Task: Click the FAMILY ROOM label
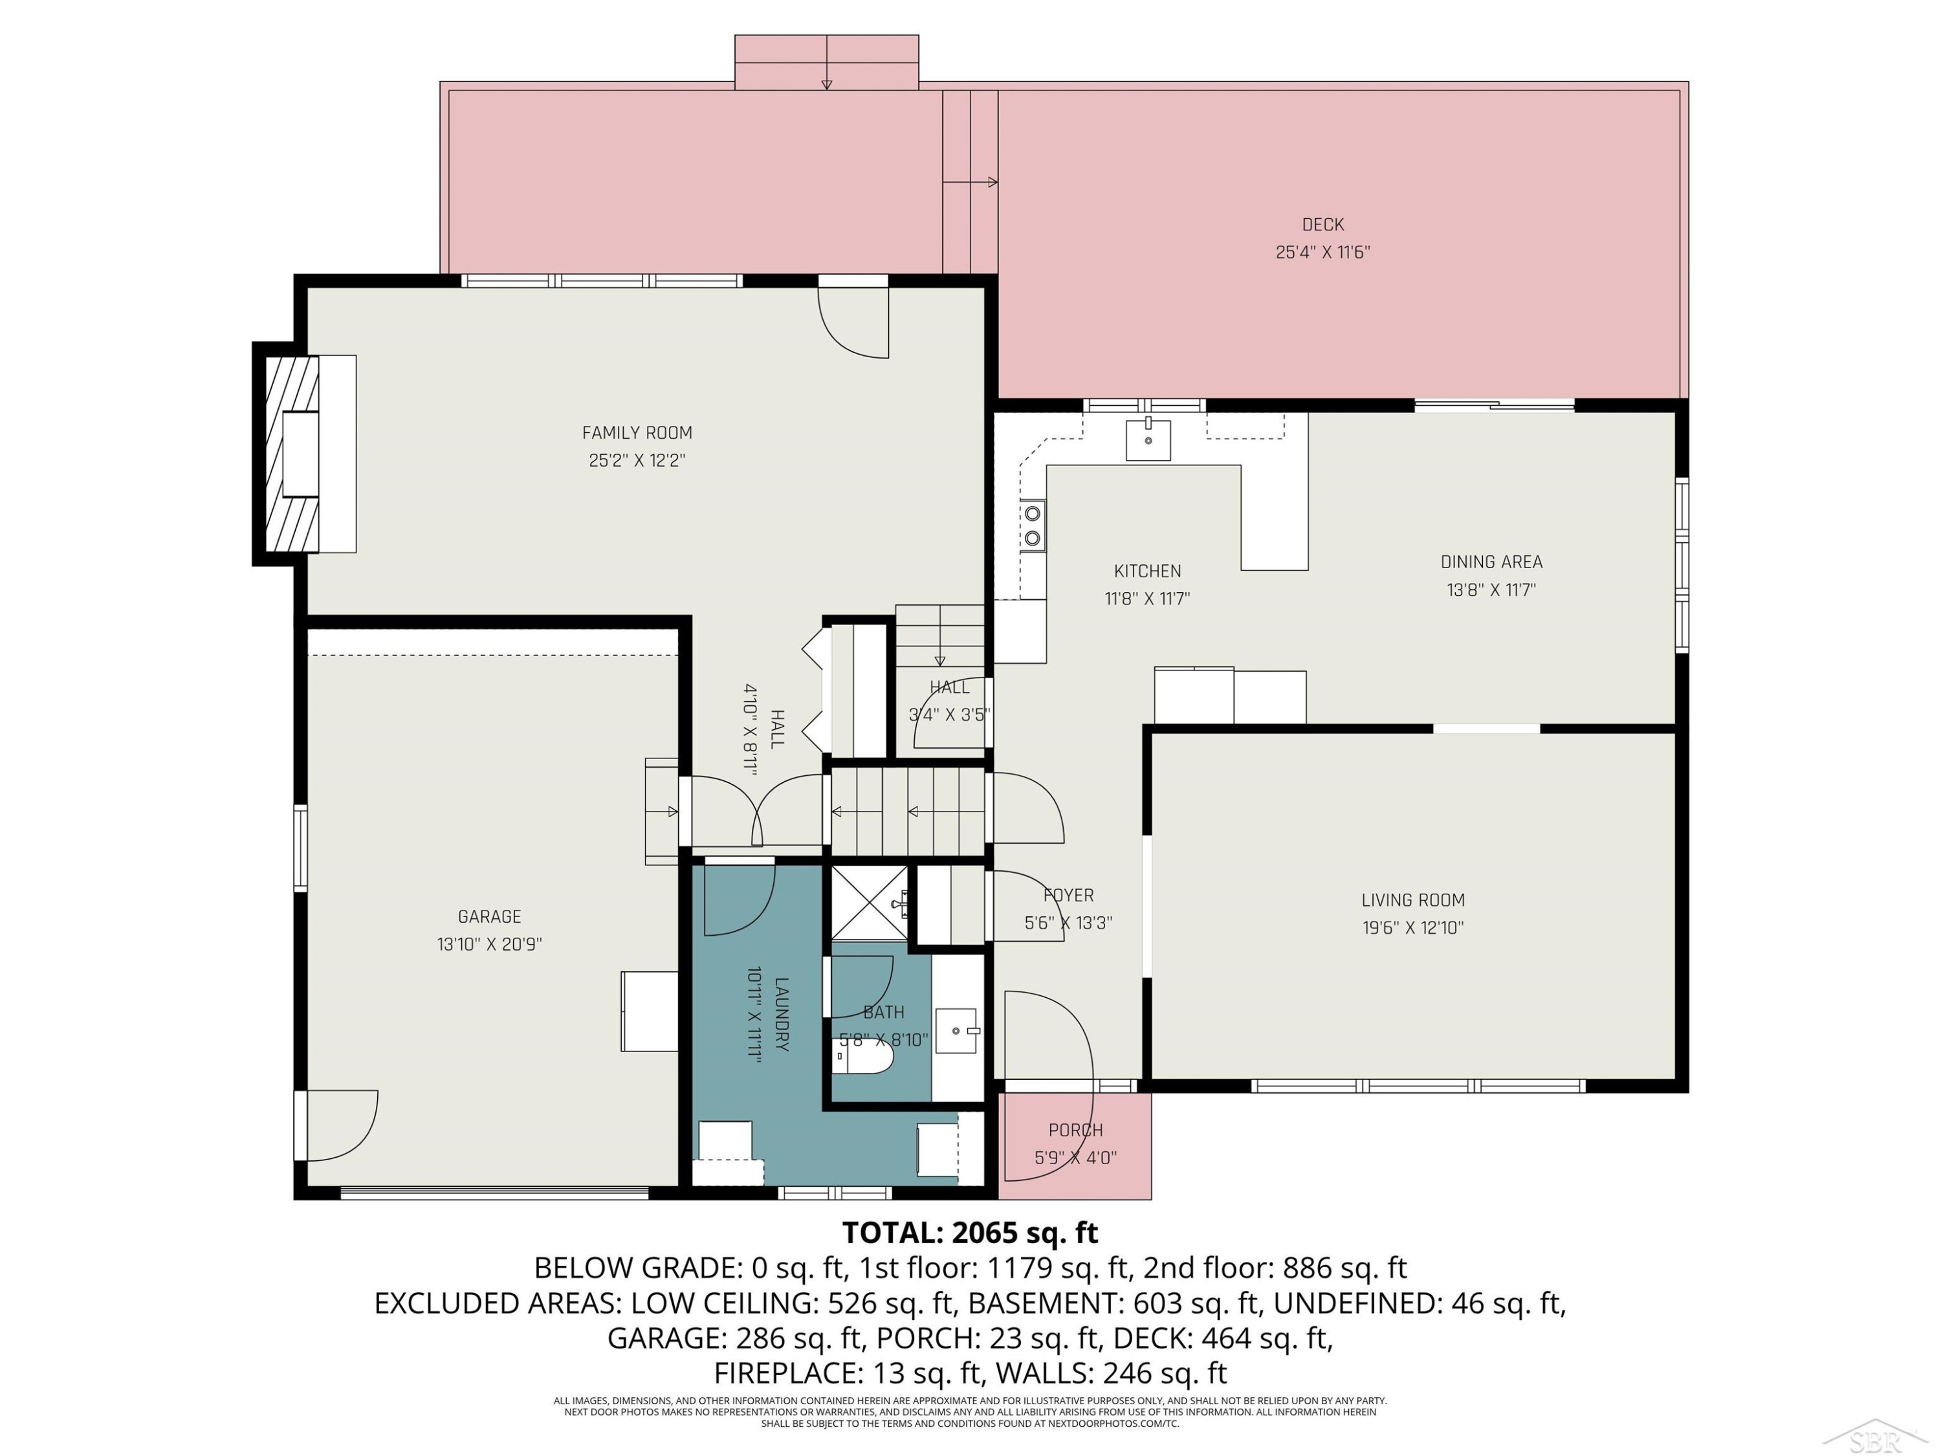click(x=637, y=433)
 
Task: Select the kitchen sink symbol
click(x=1148, y=439)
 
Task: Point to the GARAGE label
click(x=490, y=917)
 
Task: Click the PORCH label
click(x=1076, y=1131)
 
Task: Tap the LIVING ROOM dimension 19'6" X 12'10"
click(x=1413, y=928)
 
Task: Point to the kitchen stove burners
click(x=1033, y=525)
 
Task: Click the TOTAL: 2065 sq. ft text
click(x=970, y=1233)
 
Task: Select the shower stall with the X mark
click(x=870, y=903)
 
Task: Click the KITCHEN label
click(x=1147, y=571)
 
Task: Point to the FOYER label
click(x=1069, y=895)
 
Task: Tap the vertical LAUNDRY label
click(x=781, y=1015)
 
